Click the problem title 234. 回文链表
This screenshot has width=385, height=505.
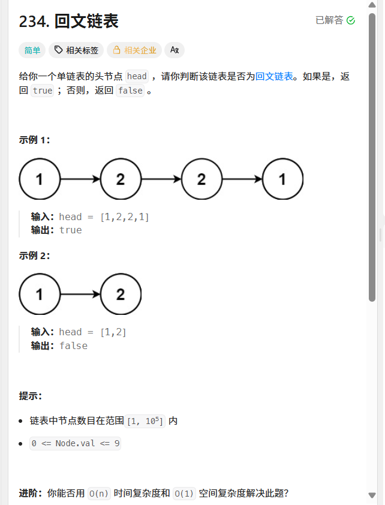tap(69, 22)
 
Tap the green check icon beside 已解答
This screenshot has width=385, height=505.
tap(351, 20)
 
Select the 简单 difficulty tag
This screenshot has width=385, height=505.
tap(32, 50)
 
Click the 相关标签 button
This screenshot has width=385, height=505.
tap(76, 50)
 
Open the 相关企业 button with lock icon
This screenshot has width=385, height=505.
tap(134, 50)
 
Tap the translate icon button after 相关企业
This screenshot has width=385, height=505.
tap(175, 50)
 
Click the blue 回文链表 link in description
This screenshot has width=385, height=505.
tap(275, 76)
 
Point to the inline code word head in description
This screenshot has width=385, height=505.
tap(137, 76)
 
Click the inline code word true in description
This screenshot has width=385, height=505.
tap(43, 91)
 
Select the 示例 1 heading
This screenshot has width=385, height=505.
tap(35, 140)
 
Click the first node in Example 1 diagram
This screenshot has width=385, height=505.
tap(40, 179)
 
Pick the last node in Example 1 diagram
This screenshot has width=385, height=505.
tap(282, 179)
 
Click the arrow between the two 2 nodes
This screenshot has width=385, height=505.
tap(161, 179)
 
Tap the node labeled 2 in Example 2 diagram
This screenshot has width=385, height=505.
tap(121, 294)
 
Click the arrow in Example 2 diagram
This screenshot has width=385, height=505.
tap(80, 294)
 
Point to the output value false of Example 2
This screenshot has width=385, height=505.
tap(73, 345)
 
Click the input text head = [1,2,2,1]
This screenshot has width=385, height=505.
tap(104, 217)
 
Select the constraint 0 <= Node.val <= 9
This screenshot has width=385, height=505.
tap(76, 444)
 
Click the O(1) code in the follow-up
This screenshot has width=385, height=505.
tap(185, 494)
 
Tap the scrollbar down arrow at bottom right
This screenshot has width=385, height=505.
tap(372, 495)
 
